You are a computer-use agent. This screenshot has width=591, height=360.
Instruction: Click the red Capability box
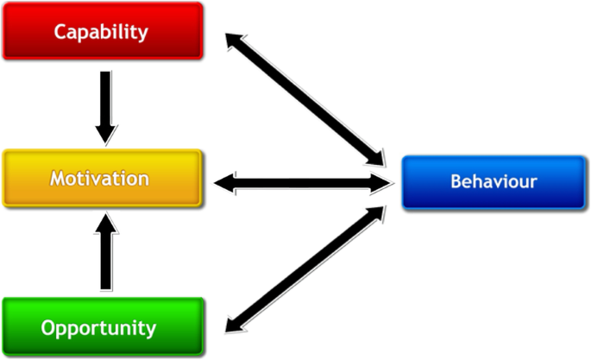(102, 31)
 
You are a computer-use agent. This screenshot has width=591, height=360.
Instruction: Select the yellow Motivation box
(102, 179)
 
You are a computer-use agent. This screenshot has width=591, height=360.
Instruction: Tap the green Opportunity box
(102, 327)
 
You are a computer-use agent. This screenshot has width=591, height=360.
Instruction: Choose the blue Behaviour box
(493, 182)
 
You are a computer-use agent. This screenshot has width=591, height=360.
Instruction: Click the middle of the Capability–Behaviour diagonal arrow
(306, 98)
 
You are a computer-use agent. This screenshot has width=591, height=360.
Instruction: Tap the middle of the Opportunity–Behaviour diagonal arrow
(306, 268)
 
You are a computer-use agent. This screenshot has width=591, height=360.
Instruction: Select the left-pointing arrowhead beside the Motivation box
(226, 182)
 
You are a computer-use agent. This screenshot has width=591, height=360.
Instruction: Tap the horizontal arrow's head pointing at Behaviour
(384, 182)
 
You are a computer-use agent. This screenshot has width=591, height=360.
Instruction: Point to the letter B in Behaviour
(456, 182)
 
